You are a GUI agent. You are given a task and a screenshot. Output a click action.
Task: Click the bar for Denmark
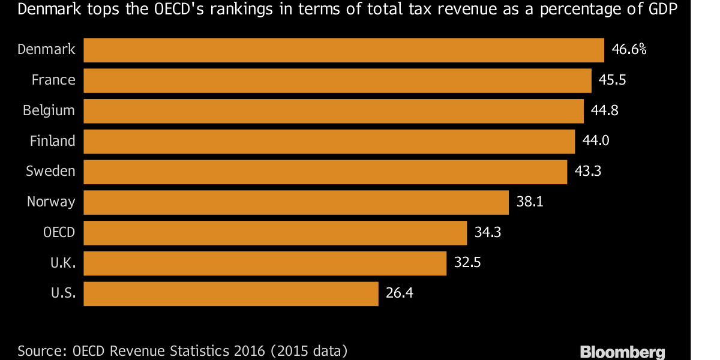pos(343,50)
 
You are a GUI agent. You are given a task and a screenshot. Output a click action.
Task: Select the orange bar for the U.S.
pos(231,293)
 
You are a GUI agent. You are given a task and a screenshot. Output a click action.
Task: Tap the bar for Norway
pos(296,202)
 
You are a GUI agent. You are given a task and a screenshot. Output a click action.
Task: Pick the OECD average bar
pos(275,232)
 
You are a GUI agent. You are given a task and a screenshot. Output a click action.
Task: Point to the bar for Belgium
pos(333,111)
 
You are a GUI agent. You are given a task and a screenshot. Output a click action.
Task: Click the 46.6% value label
pos(629,50)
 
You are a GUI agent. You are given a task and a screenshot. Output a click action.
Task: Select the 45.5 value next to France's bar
pos(612,80)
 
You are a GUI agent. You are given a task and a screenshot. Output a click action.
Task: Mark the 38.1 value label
pos(530,202)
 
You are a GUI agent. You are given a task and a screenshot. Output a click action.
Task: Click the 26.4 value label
pos(400,293)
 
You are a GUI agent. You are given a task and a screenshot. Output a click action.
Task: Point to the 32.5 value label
pos(468,263)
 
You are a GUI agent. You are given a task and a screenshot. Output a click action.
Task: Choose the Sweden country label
pos(50,172)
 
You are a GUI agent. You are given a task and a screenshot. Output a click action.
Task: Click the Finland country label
pos(53,141)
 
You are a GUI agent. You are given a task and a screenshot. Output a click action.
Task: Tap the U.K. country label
pos(63,263)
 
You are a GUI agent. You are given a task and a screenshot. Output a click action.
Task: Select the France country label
pos(53,80)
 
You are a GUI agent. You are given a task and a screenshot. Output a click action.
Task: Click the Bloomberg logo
pos(622,352)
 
